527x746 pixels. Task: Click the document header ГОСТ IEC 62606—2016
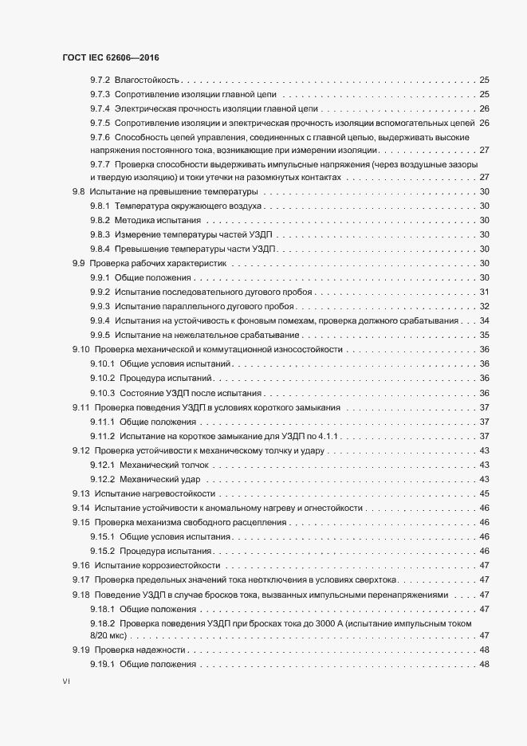[115, 58]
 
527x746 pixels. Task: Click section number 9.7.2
[100, 80]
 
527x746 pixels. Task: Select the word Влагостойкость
[147, 80]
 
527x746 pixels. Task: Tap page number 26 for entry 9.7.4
[484, 108]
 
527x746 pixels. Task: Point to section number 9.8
[78, 192]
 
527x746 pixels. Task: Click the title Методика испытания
[157, 220]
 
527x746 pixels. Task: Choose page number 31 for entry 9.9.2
[484, 292]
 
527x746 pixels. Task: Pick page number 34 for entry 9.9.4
[484, 320]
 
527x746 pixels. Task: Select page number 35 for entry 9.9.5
[484, 335]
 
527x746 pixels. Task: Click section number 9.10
[81, 349]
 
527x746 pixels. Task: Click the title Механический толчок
[164, 464]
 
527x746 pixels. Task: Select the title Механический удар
[159, 478]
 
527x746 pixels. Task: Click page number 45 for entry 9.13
[484, 493]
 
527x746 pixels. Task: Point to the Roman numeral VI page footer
[66, 683]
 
